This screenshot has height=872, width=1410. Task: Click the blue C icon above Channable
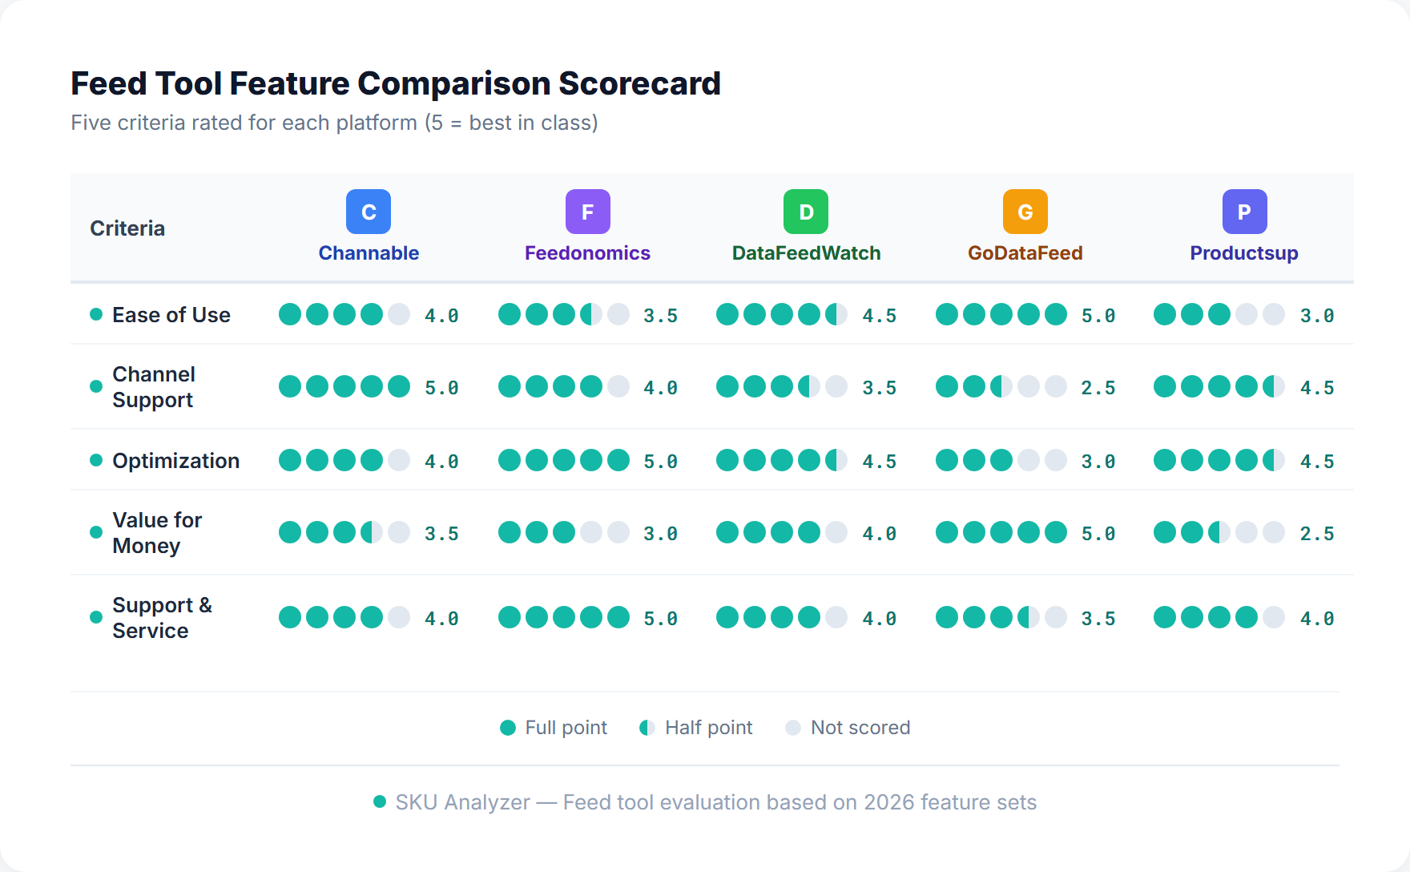pos(369,212)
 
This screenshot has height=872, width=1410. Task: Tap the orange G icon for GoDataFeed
pos(1025,212)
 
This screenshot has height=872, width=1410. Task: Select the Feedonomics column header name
pos(587,253)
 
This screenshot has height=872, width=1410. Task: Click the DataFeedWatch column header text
pos(806,253)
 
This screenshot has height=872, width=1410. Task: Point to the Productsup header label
pos(1243,253)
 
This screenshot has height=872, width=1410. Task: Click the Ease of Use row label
pos(171,315)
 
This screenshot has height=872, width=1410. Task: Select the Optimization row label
pos(175,461)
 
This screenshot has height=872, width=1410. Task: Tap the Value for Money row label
pos(157,533)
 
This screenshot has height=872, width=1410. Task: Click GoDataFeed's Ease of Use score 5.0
pos(1098,316)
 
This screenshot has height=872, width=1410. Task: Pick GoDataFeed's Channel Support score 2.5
pos(1098,388)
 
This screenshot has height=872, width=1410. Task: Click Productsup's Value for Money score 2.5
pos(1316,534)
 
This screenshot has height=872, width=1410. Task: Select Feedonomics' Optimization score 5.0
pos(660,462)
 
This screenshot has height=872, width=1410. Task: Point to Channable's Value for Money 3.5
pos(441,534)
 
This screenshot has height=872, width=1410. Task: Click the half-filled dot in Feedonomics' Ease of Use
pos(591,314)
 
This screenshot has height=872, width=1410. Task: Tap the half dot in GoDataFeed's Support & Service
pos(1029,617)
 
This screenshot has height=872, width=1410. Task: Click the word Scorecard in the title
pos(639,83)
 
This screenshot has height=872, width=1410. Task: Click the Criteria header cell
pos(127,228)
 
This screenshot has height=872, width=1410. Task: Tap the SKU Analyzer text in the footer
pos(462,802)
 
